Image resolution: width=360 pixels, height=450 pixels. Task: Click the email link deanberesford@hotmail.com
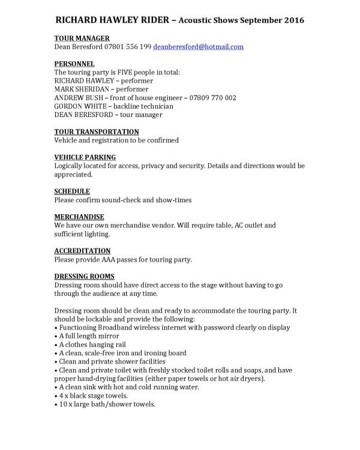pyautogui.click(x=198, y=46)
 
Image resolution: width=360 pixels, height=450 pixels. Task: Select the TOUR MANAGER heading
pyautogui.click(x=82, y=38)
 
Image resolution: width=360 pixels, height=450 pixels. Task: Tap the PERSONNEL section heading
pyautogui.click(x=74, y=63)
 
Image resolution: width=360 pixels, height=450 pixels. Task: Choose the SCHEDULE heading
pyautogui.click(x=72, y=191)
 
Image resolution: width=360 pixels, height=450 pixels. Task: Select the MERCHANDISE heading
pyautogui.click(x=79, y=217)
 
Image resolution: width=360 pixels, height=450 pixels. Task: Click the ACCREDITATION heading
pyautogui.click(x=82, y=250)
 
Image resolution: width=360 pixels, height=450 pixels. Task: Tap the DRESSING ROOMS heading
pyautogui.click(x=85, y=276)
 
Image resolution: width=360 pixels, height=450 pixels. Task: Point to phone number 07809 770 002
pyautogui.click(x=215, y=97)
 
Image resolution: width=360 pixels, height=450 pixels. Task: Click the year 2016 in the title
pyautogui.click(x=293, y=20)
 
